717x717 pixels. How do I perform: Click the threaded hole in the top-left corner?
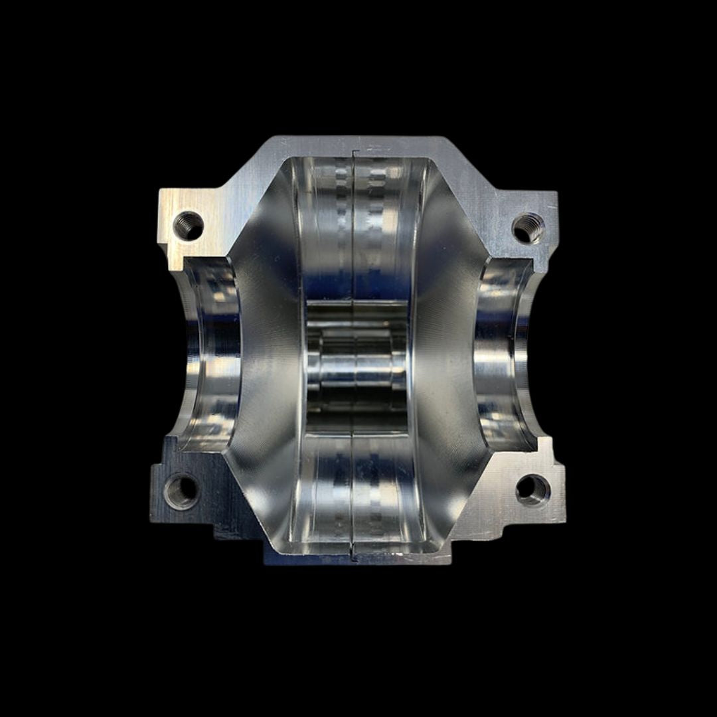tap(188, 225)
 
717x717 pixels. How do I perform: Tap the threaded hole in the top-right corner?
tap(528, 228)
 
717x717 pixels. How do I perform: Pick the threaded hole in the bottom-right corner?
tap(532, 490)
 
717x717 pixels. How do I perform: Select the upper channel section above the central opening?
tap(357, 226)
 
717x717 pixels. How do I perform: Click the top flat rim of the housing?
tap(398, 147)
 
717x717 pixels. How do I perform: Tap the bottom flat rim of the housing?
tap(398, 556)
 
